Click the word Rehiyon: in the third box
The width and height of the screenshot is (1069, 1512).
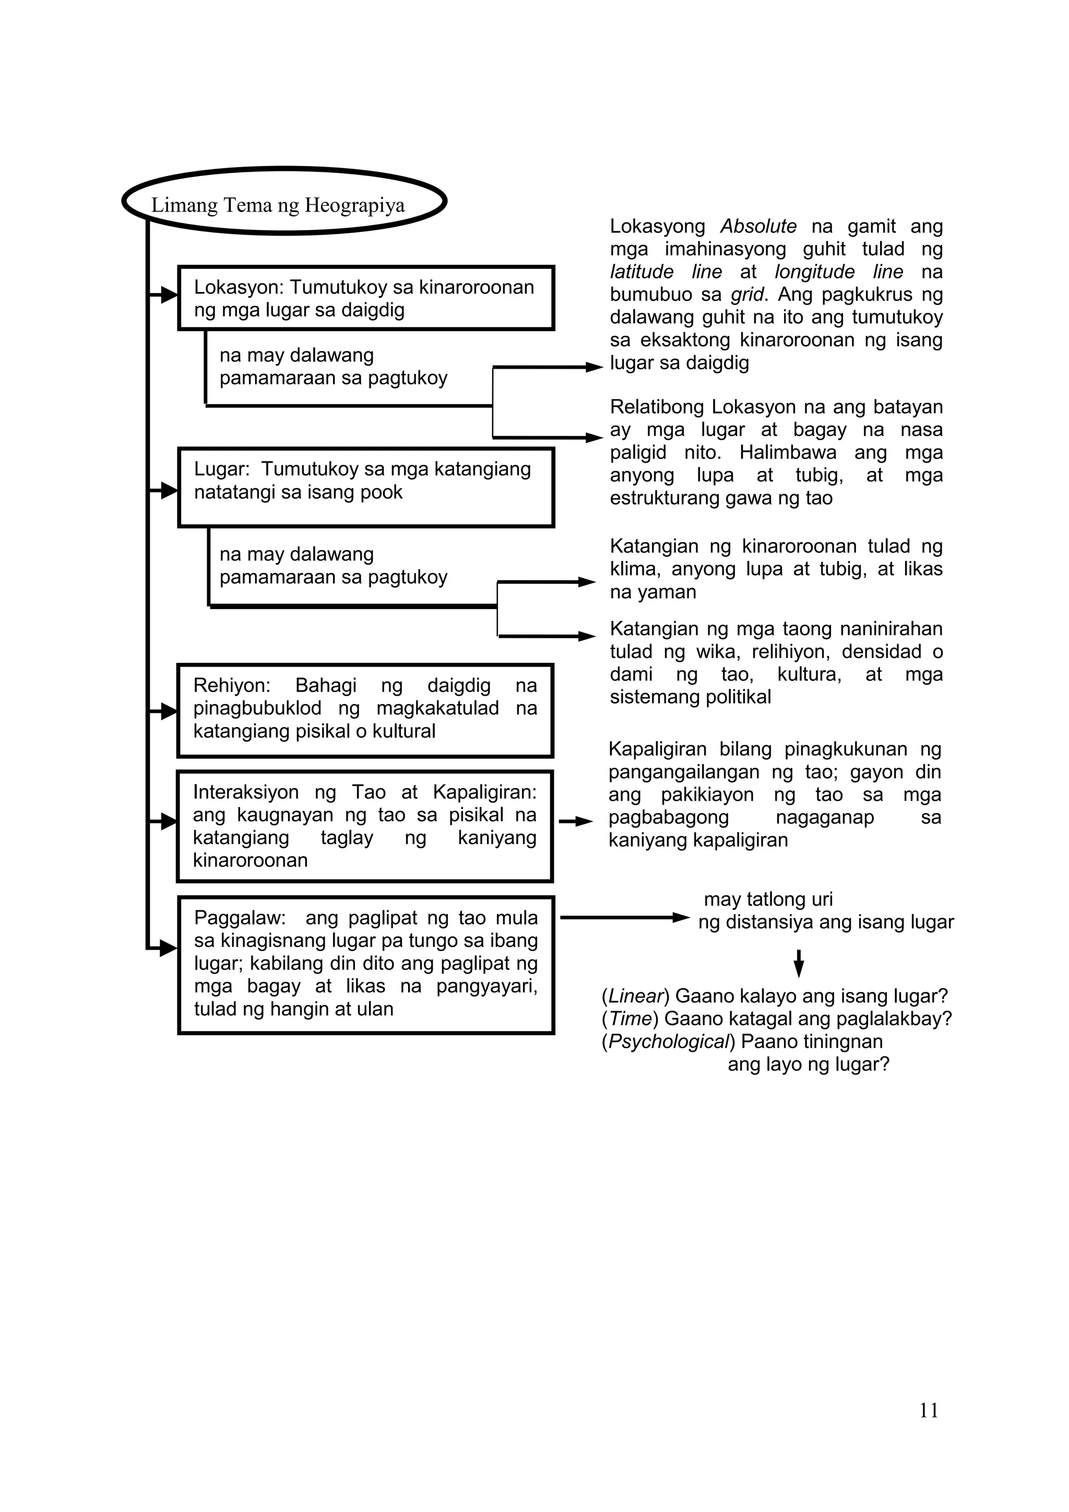pyautogui.click(x=232, y=686)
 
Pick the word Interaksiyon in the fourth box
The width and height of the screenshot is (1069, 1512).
pyautogui.click(x=245, y=792)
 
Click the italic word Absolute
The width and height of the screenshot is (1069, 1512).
pyautogui.click(x=758, y=227)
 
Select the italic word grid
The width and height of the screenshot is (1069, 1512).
pyautogui.click(x=747, y=295)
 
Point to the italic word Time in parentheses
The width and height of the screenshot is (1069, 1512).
pyautogui.click(x=630, y=1019)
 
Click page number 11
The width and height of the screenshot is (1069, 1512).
pyautogui.click(x=928, y=1410)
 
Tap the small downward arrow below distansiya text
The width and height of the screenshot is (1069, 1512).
pyautogui.click(x=799, y=964)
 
